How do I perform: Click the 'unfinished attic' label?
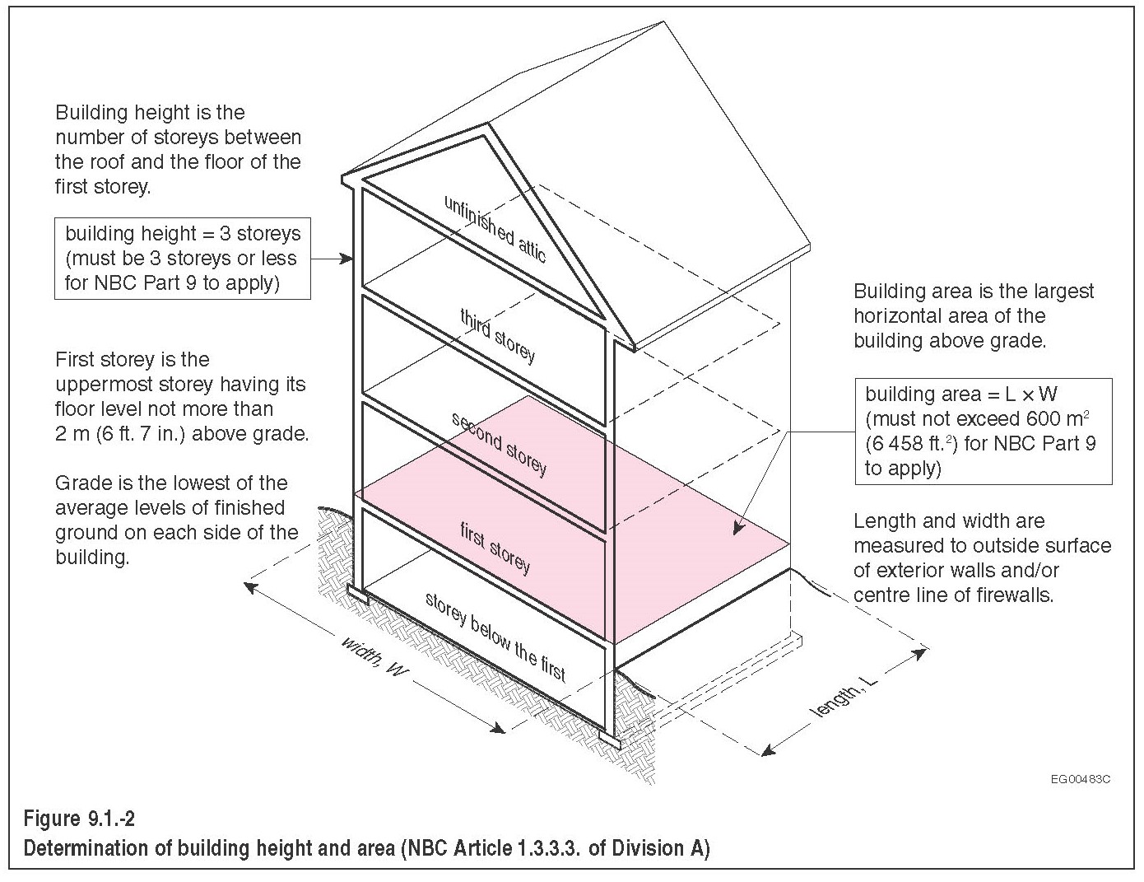coord(495,228)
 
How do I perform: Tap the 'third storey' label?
coord(497,335)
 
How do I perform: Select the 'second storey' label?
coord(499,443)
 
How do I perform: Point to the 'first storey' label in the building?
coord(495,548)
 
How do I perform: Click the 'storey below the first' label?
coord(495,637)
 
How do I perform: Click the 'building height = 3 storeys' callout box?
coord(183,258)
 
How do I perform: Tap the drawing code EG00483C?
coord(1080,778)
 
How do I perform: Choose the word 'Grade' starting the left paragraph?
coord(79,483)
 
